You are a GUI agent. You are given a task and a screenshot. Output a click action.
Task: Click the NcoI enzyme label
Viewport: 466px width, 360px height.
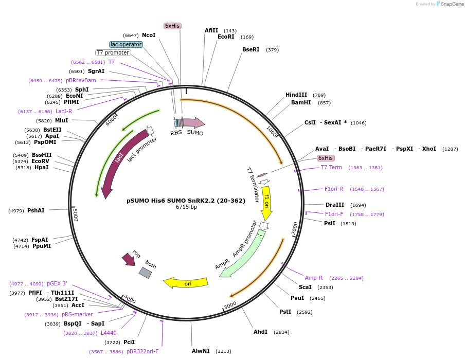(149, 35)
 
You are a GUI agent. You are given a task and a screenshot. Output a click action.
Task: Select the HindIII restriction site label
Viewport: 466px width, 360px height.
(296, 95)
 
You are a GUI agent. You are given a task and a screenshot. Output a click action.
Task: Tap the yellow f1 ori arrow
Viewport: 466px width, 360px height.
(266, 203)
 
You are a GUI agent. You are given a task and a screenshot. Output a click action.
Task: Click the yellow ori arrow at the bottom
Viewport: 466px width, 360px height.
(186, 283)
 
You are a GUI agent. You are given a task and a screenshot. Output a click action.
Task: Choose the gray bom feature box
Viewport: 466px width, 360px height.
(146, 273)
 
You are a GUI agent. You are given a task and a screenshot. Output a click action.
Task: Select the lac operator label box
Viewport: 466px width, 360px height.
(126, 44)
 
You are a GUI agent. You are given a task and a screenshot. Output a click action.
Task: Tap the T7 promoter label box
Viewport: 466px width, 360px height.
(113, 52)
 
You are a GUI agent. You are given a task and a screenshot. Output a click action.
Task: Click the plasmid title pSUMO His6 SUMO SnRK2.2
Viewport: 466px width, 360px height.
(186, 201)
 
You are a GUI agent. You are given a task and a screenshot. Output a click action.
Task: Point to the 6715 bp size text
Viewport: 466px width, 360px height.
(186, 207)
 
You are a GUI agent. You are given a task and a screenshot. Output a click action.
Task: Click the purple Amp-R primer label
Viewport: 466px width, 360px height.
(314, 278)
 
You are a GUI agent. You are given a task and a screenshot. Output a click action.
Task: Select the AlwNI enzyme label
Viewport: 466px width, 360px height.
(201, 351)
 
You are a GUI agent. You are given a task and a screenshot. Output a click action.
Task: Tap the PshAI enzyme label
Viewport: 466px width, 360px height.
(36, 210)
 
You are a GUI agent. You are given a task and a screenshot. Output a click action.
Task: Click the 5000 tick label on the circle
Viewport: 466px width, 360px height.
(75, 214)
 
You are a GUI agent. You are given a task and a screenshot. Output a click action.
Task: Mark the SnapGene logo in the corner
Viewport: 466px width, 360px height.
(448, 4)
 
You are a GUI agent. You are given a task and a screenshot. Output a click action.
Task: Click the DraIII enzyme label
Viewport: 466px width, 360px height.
(334, 205)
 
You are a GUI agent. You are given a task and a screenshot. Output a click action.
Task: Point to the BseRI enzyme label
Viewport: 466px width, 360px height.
(251, 49)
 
